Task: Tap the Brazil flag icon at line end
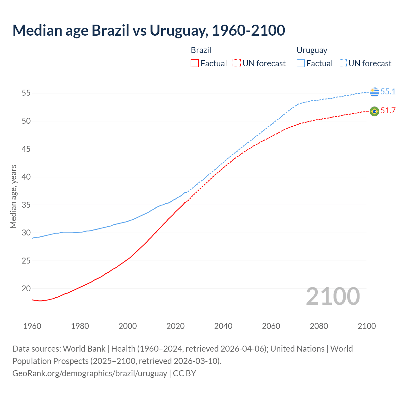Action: point(374,111)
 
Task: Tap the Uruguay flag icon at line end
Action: point(374,92)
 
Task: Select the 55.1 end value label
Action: point(388,92)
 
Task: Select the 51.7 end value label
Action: point(388,110)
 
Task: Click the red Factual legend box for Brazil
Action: point(195,63)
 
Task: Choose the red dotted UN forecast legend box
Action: point(236,63)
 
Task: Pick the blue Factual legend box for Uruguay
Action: point(300,63)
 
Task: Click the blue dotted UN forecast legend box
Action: point(342,63)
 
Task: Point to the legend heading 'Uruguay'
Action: point(312,50)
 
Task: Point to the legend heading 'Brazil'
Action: point(201,50)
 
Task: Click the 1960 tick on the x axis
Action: point(32,326)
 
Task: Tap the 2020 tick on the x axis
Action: point(175,326)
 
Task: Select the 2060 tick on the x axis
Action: point(271,326)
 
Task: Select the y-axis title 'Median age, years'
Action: point(13,196)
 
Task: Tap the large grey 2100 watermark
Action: point(333,296)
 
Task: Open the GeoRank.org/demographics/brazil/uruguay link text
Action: point(90,373)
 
